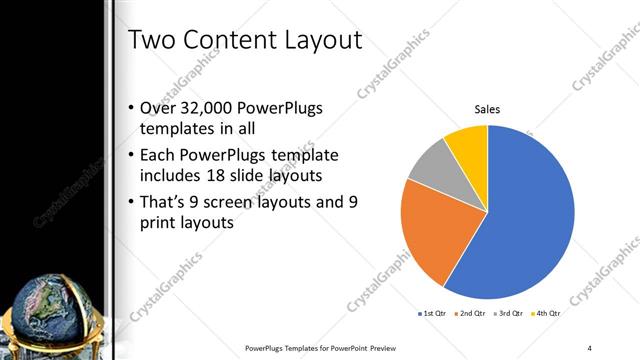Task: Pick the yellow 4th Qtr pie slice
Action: point(467,143)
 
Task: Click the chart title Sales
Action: point(487,109)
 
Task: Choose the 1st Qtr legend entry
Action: point(434,314)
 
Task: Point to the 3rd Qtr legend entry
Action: point(510,314)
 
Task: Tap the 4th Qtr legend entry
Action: point(547,314)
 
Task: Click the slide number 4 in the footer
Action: point(590,347)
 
